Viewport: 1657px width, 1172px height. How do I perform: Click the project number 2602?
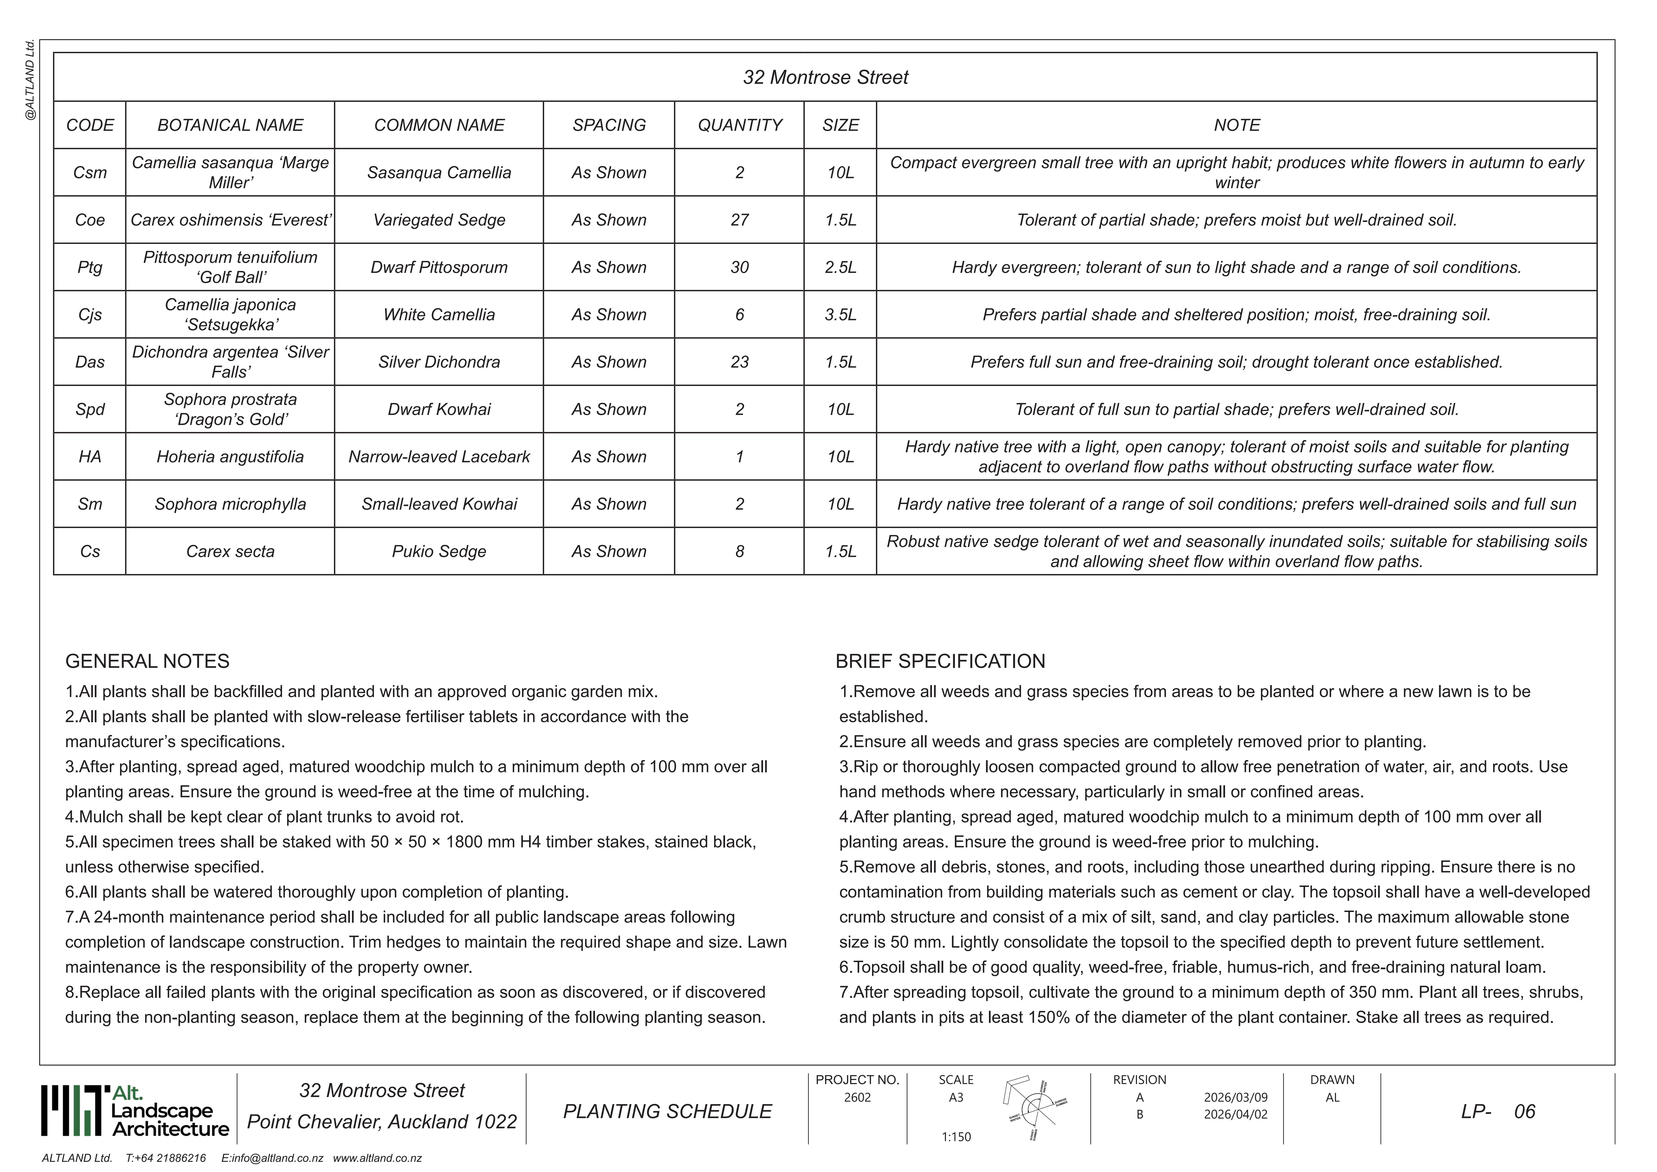(857, 1098)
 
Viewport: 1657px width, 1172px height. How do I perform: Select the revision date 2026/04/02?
(1235, 1114)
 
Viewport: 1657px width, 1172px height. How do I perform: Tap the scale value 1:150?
(956, 1137)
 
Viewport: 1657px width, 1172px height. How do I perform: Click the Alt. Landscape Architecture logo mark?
(72, 1111)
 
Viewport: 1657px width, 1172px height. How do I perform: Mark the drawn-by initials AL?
(1332, 1098)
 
